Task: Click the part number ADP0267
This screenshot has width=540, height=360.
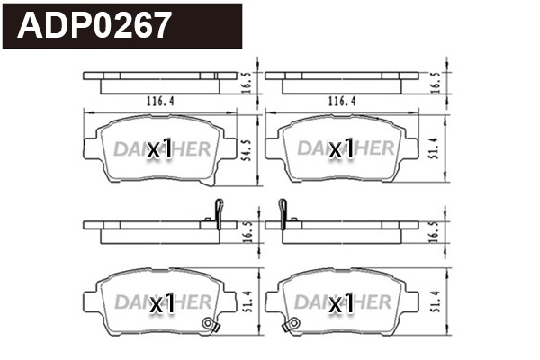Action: click(94, 25)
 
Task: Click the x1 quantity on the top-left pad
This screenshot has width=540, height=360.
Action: click(159, 150)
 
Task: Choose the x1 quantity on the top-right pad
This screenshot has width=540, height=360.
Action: click(341, 150)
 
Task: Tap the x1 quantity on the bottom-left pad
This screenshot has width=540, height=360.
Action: click(161, 304)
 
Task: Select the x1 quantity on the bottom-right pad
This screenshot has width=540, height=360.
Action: click(341, 304)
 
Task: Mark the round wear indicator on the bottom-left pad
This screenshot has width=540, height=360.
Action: click(210, 325)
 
